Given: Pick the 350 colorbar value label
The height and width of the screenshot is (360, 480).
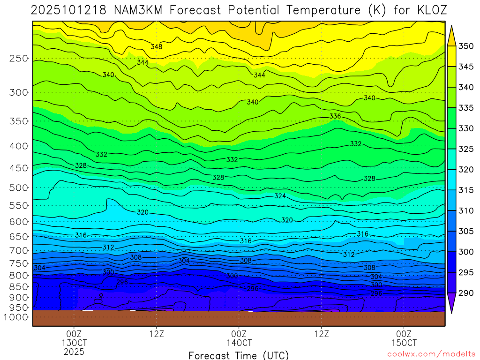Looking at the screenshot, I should point(466,46).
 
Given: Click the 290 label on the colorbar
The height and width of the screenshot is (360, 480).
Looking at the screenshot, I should point(466,293).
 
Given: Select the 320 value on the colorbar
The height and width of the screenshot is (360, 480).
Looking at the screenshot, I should point(466,170).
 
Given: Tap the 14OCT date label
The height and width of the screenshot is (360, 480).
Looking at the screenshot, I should point(239,343).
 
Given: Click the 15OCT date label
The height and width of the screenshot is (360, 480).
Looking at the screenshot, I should point(404,343).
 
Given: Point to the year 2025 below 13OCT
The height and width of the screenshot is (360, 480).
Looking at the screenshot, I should point(74,351).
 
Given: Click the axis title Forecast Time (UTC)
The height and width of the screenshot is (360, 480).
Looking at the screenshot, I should point(239,355).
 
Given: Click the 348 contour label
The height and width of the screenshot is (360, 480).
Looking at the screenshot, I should point(157,46).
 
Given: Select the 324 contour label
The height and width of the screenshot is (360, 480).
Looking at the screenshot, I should point(280,195).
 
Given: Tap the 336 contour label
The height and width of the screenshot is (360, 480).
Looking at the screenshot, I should point(335,116).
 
